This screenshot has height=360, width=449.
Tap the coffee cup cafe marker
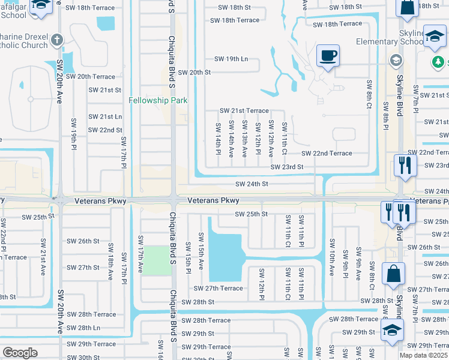(x=328, y=56)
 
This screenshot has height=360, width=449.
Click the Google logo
(x=20, y=353)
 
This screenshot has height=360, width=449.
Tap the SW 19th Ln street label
(x=231, y=59)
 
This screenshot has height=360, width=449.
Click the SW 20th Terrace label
(x=90, y=77)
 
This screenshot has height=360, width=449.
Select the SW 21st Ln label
(x=105, y=116)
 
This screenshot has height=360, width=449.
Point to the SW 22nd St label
(x=105, y=130)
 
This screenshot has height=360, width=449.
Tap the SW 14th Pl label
(x=218, y=137)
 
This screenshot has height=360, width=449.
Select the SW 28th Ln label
(x=83, y=328)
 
